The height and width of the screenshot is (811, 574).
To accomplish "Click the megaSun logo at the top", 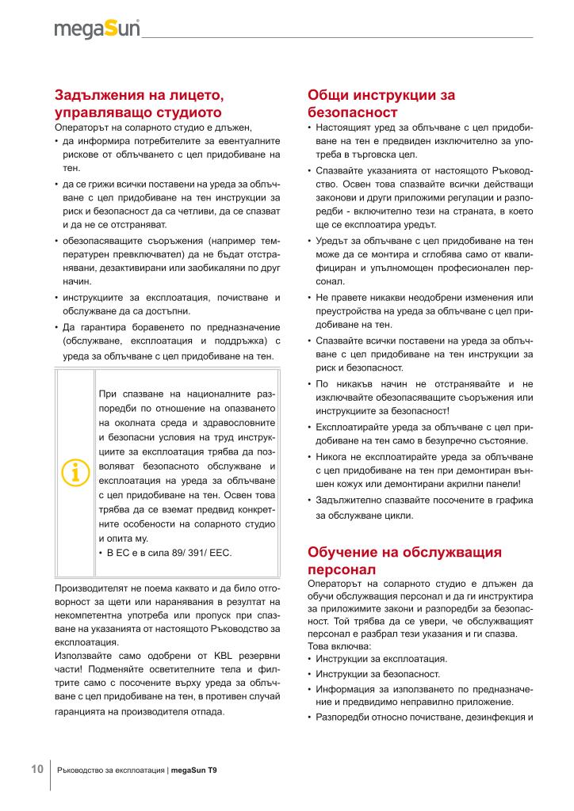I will (97, 29).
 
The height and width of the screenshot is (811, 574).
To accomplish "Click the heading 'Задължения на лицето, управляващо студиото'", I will (139, 104).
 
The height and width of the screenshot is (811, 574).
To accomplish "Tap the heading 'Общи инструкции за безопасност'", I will (381, 104).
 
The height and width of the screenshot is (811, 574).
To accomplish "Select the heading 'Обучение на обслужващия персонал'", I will (404, 560).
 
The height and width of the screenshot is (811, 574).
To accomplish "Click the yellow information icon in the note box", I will (75, 471).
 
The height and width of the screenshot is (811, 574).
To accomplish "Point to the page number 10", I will (36, 770).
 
